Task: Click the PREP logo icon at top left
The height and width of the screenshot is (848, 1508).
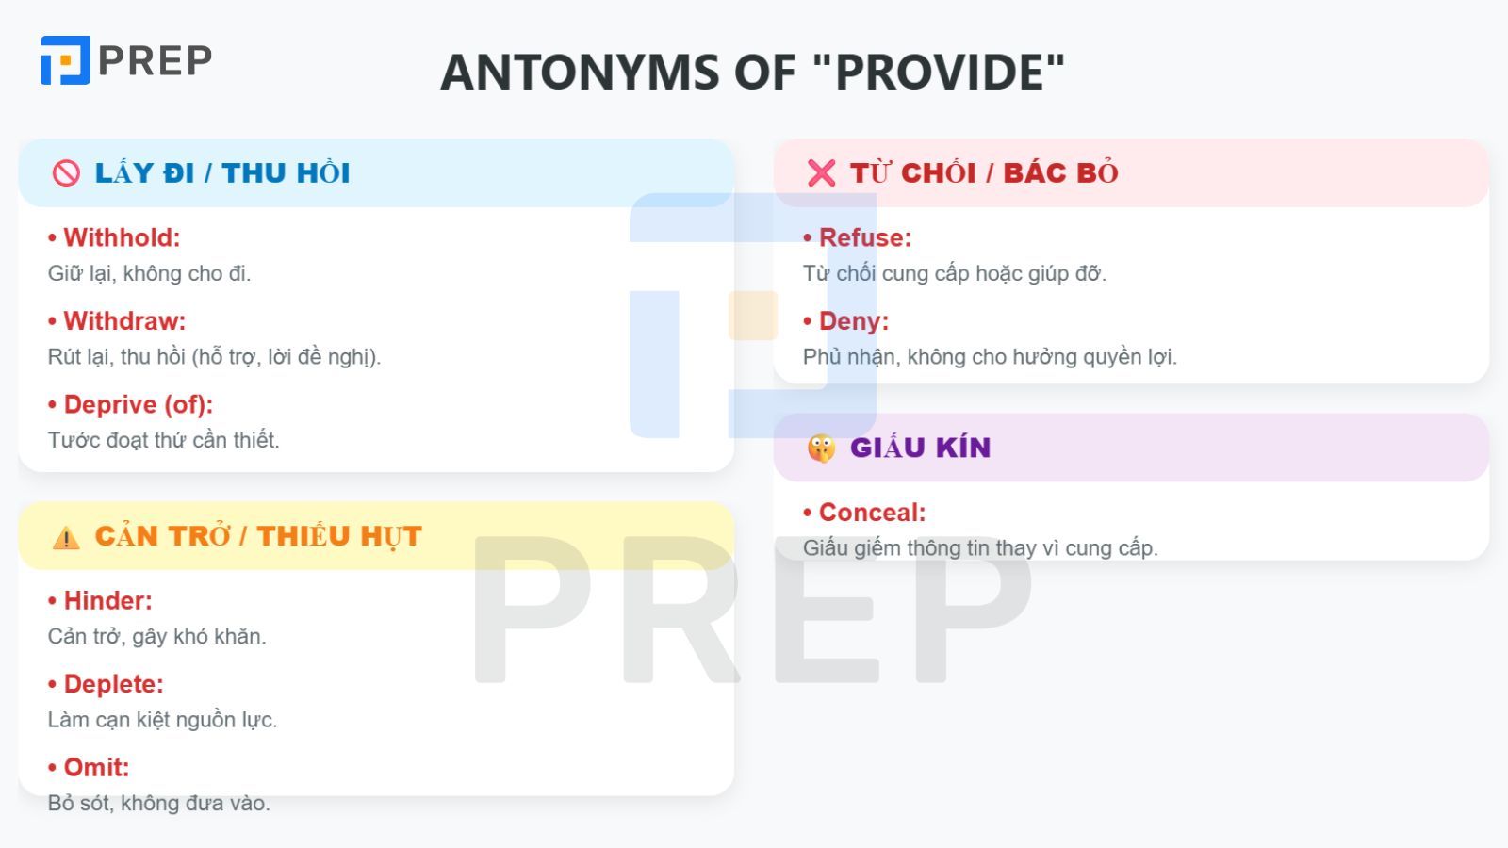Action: [x=65, y=60]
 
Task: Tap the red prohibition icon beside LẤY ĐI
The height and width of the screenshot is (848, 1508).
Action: [x=66, y=173]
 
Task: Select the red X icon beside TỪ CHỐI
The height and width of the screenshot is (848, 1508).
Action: [x=821, y=173]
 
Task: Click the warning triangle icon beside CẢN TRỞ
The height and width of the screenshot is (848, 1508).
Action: [x=66, y=537]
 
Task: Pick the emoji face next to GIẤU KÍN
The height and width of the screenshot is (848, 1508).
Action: [x=821, y=448]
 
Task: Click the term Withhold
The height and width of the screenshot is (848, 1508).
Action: [x=122, y=237]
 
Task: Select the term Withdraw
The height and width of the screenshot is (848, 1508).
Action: [x=124, y=321]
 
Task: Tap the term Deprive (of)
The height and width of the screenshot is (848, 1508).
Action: [x=138, y=405]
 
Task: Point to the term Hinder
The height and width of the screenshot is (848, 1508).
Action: [x=107, y=601]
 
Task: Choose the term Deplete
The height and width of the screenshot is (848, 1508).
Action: [x=113, y=684]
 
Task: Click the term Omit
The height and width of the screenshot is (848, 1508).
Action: [x=96, y=768]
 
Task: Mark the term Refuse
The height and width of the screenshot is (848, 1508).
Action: [x=864, y=237]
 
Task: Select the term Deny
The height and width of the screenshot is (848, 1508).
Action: [x=853, y=321]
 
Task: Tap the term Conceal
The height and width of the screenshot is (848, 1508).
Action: [x=872, y=513]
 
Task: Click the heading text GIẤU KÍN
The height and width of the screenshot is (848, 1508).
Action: [x=920, y=448]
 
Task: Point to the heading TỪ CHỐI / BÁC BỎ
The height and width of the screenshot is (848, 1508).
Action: [x=984, y=173]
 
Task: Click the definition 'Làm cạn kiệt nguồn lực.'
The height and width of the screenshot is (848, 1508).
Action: [x=162, y=720]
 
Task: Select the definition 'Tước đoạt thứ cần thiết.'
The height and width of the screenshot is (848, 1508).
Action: [x=163, y=440]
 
